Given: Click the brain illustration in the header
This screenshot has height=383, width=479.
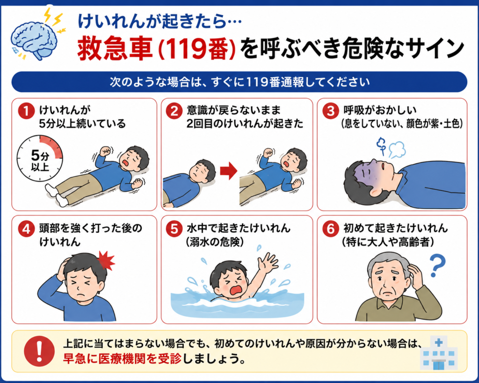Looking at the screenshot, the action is tap(34, 40).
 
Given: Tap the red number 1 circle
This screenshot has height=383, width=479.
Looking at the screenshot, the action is tap(26, 111).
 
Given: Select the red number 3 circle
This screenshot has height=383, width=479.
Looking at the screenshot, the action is tap(331, 111).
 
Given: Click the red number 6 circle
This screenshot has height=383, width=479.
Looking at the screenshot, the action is tap(331, 229).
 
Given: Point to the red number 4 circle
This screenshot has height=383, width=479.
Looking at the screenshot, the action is tap(26, 229).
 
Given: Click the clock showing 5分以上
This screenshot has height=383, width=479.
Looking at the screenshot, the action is tap(40, 159).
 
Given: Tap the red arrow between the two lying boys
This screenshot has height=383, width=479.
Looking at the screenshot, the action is tap(228, 171).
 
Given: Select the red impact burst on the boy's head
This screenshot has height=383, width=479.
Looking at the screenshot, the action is tap(106, 260).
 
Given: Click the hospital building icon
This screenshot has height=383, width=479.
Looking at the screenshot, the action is tap(439, 353).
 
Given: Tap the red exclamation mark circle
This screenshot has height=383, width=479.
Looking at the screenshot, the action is tap(39, 351).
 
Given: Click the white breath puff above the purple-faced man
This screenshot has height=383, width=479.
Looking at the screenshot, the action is tap(397, 149).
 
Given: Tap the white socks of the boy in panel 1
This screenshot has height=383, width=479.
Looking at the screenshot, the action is tap(56, 195).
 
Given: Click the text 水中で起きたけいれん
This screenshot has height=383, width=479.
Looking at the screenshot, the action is tap(238, 228).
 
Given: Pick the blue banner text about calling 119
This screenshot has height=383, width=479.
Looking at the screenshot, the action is tap(239, 82).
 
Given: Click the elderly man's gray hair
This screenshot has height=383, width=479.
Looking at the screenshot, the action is tap(387, 260).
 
